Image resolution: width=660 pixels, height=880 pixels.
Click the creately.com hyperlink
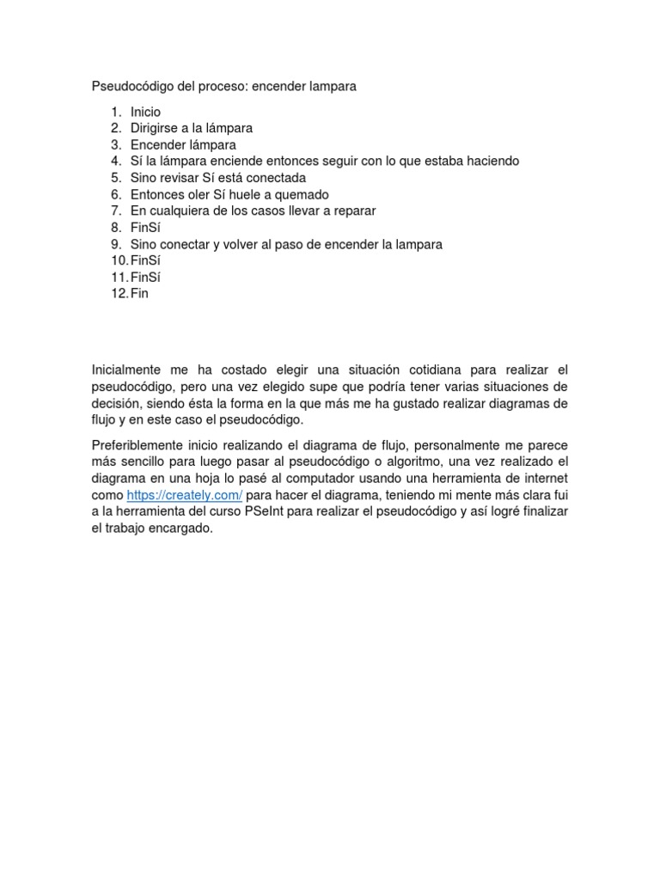click(x=185, y=496)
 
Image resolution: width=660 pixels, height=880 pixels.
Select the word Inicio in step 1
click(x=145, y=112)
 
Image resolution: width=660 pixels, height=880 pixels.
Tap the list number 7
click(x=116, y=211)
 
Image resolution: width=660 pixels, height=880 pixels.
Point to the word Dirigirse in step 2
click(x=156, y=128)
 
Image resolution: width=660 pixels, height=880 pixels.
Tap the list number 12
click(x=118, y=293)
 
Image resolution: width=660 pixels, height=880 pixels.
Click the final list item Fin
click(x=140, y=293)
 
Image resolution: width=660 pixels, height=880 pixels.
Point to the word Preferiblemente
click(x=137, y=445)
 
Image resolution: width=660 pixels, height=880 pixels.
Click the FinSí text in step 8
click(x=145, y=228)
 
